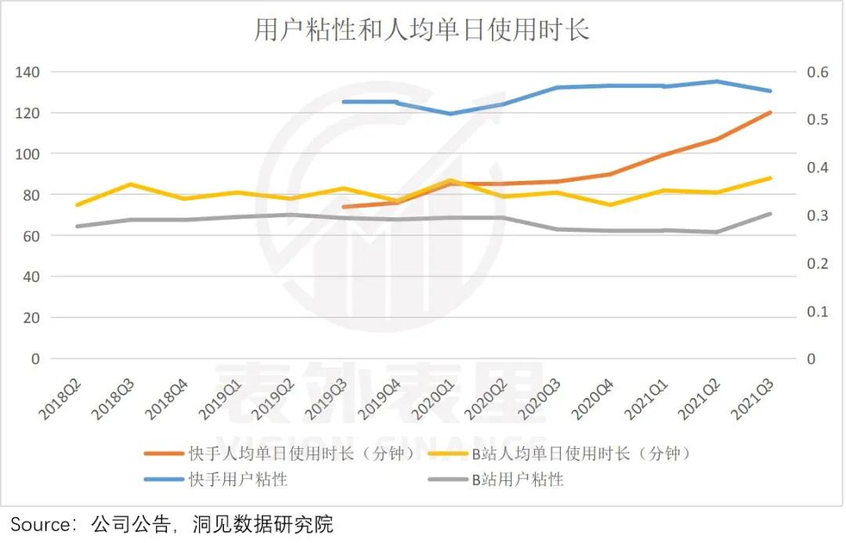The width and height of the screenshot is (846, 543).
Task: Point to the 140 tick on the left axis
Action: coord(30,72)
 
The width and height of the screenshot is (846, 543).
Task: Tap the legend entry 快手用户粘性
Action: coord(238,479)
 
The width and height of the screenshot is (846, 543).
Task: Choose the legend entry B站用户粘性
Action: coord(517,479)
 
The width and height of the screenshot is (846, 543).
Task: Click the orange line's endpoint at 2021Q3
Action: coord(770,113)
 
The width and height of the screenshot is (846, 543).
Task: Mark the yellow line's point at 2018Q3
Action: coord(130,185)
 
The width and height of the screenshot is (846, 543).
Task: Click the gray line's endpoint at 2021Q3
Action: coord(770,214)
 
